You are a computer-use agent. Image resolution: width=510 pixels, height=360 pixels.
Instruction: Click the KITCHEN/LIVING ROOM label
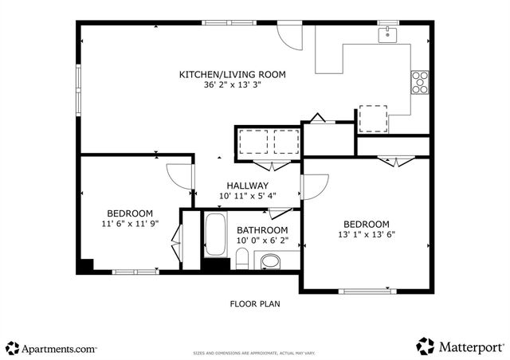coord(232,75)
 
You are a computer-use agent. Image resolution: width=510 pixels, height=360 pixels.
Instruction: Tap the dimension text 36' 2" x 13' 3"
coord(232,85)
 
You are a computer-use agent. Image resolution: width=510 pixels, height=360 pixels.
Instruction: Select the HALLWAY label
coord(247,186)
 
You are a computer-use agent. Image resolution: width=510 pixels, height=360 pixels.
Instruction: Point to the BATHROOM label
coord(262,231)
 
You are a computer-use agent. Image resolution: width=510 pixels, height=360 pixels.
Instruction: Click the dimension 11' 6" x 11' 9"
coord(130,224)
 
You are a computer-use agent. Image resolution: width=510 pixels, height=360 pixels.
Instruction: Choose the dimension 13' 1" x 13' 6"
coord(366,235)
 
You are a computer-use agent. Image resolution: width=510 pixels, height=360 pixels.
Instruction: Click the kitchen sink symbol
coord(387,33)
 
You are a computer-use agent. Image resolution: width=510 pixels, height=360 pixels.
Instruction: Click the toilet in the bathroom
coord(242,260)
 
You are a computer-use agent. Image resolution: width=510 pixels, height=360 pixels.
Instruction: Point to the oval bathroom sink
coord(272,260)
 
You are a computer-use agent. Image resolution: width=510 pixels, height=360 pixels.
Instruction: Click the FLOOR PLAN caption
coord(255,303)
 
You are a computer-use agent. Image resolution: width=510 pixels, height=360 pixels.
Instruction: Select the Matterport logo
coord(460,346)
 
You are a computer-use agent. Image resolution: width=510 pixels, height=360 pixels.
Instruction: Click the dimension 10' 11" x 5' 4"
coord(247,196)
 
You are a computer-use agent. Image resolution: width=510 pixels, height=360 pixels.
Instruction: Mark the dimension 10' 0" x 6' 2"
coord(262,241)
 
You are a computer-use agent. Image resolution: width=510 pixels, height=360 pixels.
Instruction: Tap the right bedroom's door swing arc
coord(312,186)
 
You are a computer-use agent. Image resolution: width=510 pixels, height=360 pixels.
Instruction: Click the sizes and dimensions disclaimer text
coord(255,350)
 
